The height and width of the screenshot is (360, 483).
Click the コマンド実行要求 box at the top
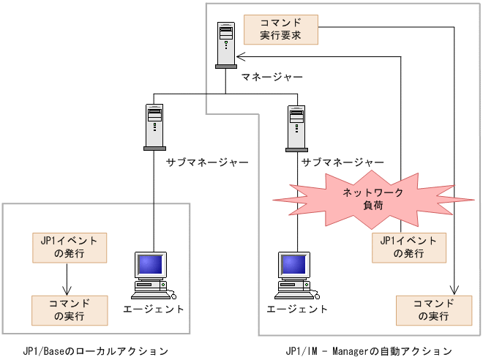(x=281, y=28)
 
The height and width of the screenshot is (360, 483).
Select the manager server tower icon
(x=226, y=45)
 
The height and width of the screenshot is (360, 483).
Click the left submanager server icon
(x=154, y=126)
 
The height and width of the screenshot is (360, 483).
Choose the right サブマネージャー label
(x=343, y=162)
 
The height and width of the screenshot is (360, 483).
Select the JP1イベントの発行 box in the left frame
(x=69, y=247)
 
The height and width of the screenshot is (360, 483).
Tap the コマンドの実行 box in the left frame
(x=69, y=310)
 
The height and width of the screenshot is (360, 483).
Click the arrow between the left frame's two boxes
(x=68, y=279)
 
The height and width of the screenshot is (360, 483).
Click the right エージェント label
(x=297, y=309)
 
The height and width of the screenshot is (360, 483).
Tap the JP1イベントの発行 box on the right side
(x=409, y=247)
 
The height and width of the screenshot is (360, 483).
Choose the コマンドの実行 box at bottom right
(x=433, y=310)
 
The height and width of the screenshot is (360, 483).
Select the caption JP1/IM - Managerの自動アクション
(x=370, y=350)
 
